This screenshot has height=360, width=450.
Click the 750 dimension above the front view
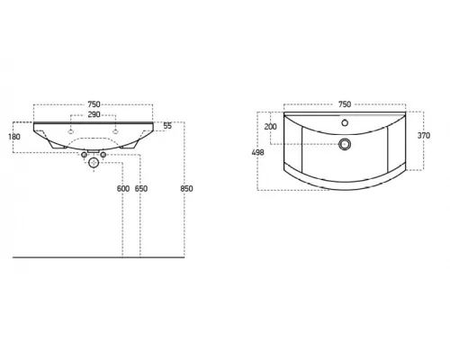[x=94, y=104]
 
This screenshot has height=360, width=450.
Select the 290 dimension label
[x=94, y=114]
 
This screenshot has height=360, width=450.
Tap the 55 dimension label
[x=167, y=126]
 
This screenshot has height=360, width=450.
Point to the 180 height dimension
[x=14, y=137]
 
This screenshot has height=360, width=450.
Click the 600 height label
[x=123, y=189]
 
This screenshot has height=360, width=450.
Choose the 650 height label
[x=141, y=189]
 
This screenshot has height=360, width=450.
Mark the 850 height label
[x=186, y=189]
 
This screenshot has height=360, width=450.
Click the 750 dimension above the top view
[x=345, y=104]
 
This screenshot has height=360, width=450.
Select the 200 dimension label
[x=270, y=127]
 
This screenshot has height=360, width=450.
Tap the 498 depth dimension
[x=258, y=152]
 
